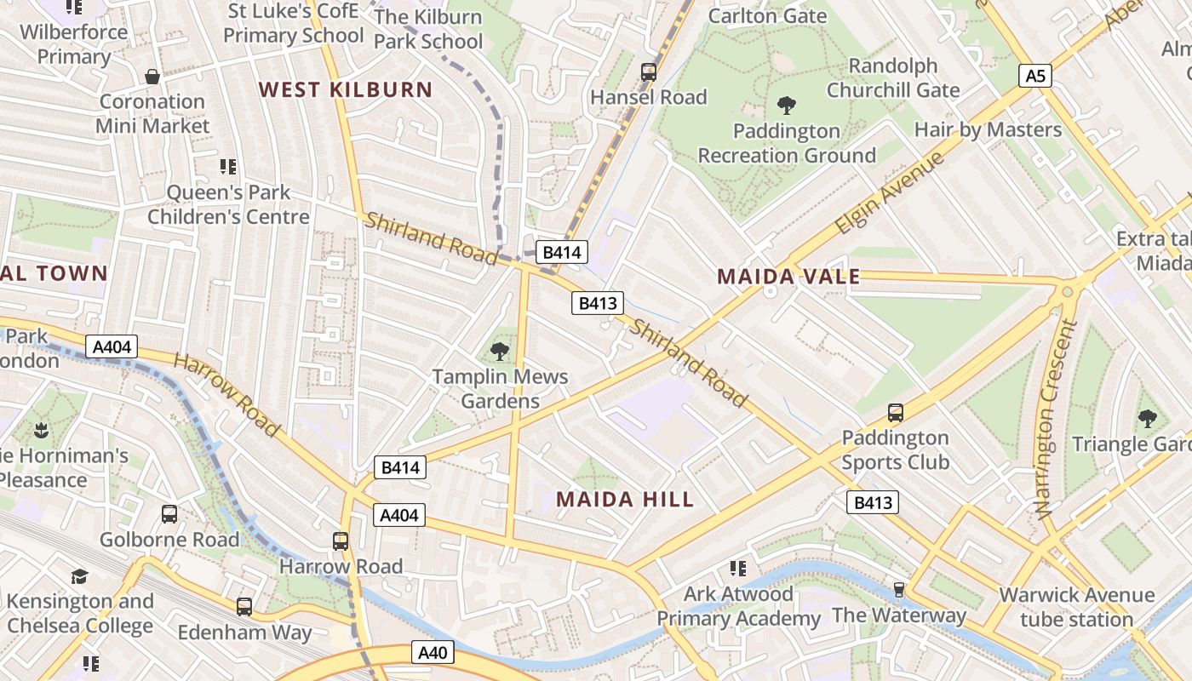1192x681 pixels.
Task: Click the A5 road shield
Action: [1034, 76]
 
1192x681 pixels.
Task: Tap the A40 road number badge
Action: [433, 653]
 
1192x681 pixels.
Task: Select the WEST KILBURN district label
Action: [346, 89]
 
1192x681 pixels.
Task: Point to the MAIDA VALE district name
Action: [788, 276]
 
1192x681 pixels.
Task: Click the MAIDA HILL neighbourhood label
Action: [625, 499]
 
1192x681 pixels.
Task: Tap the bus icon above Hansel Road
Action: [649, 72]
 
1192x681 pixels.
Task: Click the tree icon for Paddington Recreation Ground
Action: [786, 106]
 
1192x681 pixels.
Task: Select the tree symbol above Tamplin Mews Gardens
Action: [500, 351]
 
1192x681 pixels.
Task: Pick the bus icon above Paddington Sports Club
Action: [895, 413]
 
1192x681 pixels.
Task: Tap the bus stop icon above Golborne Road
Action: [169, 514]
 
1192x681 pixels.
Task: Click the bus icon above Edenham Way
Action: [244, 607]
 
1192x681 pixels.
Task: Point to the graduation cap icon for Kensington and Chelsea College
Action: [79, 576]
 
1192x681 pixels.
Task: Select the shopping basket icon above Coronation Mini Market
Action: [152, 77]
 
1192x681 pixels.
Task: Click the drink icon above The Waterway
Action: [898, 590]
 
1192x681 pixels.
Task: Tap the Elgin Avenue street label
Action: [889, 193]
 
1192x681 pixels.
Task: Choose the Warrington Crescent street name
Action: [1054, 420]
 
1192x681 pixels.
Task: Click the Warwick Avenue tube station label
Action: [1076, 607]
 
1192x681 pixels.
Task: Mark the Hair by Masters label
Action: [988, 129]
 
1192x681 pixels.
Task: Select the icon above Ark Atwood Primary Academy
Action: [737, 568]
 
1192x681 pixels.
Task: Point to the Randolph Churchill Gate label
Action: [892, 77]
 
